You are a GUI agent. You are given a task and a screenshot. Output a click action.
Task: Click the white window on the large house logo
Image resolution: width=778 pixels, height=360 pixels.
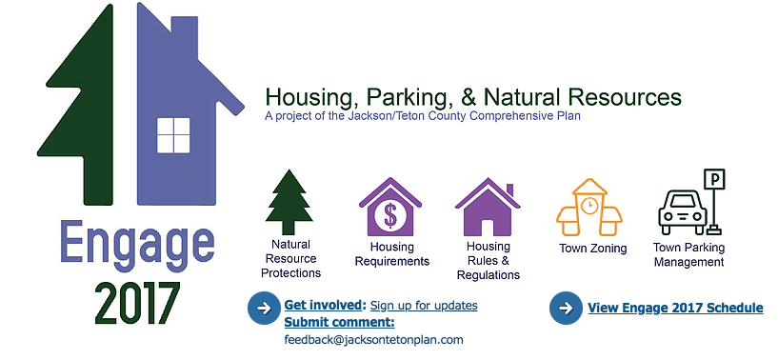(173, 135)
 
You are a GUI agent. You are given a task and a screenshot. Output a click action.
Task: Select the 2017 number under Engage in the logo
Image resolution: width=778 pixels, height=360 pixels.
(137, 304)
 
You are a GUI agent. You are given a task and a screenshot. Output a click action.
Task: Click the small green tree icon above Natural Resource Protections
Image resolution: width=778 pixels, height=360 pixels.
(289, 202)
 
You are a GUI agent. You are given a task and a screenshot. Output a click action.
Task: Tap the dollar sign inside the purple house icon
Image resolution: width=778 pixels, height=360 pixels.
(390, 215)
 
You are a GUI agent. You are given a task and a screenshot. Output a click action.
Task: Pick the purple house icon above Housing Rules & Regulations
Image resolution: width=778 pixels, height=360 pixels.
(488, 207)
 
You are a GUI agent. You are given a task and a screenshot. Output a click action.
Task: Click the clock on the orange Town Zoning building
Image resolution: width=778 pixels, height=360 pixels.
(589, 205)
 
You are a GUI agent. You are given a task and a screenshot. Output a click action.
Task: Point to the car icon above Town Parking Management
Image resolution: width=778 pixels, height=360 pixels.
(682, 214)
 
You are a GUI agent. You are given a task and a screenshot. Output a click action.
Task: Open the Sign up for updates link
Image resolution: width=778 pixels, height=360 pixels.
(424, 305)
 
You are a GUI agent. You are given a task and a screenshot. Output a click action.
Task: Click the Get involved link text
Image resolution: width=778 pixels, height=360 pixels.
(325, 305)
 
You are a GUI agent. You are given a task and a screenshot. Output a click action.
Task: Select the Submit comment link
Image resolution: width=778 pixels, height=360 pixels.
(339, 323)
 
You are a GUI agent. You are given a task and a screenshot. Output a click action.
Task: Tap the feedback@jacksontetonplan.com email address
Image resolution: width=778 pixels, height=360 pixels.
(373, 340)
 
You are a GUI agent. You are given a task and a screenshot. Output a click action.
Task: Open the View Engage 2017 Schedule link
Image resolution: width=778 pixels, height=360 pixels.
(675, 308)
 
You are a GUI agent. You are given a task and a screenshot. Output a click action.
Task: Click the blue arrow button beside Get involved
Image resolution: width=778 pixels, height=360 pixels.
(264, 309)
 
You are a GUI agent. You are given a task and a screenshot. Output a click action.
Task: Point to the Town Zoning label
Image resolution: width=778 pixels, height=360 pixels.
(593, 249)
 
